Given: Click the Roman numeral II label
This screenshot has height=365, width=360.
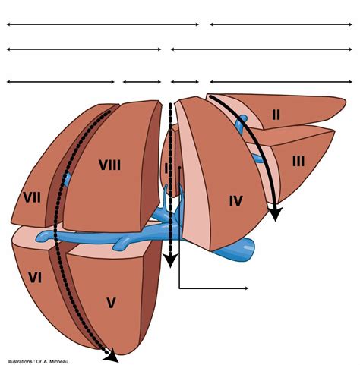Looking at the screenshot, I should [276, 115].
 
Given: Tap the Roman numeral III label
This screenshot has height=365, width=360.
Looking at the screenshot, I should [298, 161].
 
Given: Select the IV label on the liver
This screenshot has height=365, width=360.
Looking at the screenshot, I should [235, 201].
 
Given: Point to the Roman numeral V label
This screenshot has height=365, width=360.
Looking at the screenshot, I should [111, 303].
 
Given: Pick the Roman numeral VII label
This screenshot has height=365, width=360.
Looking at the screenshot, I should [32, 197].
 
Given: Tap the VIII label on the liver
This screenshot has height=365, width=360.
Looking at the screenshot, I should [109, 164].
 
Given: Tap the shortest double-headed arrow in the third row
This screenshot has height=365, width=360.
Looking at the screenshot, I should [184, 81].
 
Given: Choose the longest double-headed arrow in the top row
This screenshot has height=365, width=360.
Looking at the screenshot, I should [103, 24].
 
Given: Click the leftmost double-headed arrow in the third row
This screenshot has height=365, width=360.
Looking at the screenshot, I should [61, 81].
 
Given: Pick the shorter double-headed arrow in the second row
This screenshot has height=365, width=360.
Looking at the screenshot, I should [84, 49].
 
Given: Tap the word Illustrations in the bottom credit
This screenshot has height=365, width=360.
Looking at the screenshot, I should [20, 360].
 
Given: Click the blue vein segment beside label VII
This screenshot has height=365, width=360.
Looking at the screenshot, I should [66, 181].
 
